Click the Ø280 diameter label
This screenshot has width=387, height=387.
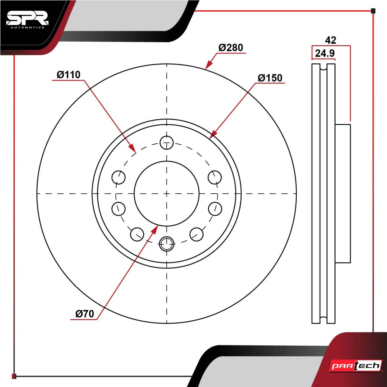click(231, 48)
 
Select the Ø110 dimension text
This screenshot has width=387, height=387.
click(69, 75)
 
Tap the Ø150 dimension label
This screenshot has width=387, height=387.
click(270, 78)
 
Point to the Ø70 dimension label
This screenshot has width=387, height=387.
click(85, 314)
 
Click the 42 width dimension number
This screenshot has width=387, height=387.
click(331, 40)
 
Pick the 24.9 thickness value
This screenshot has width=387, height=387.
click(325, 53)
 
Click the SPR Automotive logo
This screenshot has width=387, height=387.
click(27, 20)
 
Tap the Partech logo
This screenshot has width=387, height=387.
click(356, 366)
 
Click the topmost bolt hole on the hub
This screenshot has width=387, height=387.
click(166, 143)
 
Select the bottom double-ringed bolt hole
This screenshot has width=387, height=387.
click(166, 244)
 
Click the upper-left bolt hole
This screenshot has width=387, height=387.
click(119, 177)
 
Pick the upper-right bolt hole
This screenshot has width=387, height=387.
click(215, 177)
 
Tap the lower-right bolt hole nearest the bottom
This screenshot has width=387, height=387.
click(197, 234)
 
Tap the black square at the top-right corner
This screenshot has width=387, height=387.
click(373, 11)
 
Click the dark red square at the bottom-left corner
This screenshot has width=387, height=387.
click(14, 376)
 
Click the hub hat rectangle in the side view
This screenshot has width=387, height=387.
click(343, 193)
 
